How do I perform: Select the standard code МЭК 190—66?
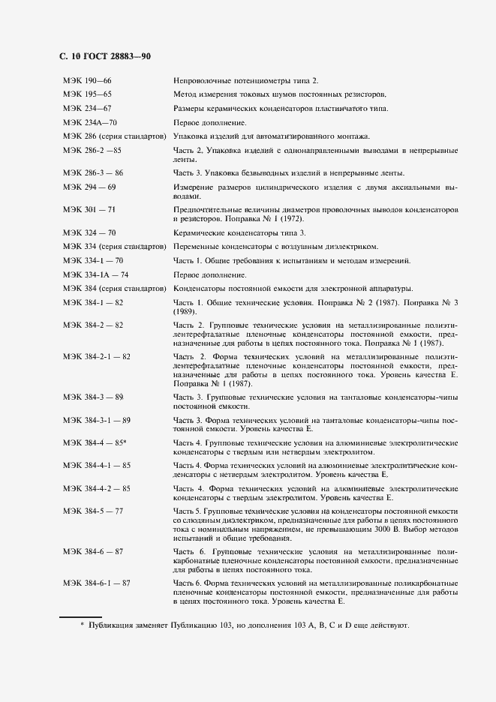pyautogui.click(x=87, y=81)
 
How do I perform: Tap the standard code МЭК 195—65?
pyautogui.click(x=87, y=95)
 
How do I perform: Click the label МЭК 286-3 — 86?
pyautogui.click(x=93, y=173)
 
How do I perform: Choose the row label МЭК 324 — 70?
pyautogui.click(x=89, y=233)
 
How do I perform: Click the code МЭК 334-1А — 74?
pyautogui.click(x=96, y=274)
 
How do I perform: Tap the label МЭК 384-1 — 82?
pyautogui.click(x=93, y=302)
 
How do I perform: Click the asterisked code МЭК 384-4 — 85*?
pyautogui.click(x=95, y=443)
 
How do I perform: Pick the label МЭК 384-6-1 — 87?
pyautogui.click(x=97, y=583)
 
